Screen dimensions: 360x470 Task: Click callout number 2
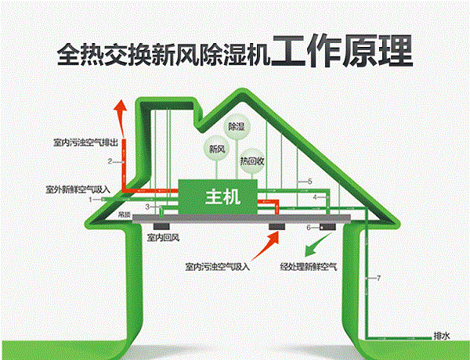[111, 161]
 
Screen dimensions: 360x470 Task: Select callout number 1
[92, 200]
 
